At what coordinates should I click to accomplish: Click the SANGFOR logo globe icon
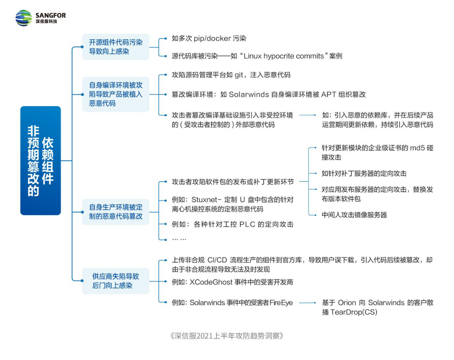[23, 18]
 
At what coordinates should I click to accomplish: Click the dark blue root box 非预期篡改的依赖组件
[40, 161]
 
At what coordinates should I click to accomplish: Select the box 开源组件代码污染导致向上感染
[116, 47]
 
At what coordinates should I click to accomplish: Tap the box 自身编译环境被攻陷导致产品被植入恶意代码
[116, 94]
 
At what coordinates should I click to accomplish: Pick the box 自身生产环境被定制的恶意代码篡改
[116, 212]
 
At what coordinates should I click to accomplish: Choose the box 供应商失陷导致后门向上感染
[116, 281]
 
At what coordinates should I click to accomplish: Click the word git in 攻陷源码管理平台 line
[239, 75]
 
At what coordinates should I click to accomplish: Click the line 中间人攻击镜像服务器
[354, 215]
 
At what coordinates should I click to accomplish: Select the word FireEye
[281, 303]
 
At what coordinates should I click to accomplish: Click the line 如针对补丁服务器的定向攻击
[364, 174]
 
